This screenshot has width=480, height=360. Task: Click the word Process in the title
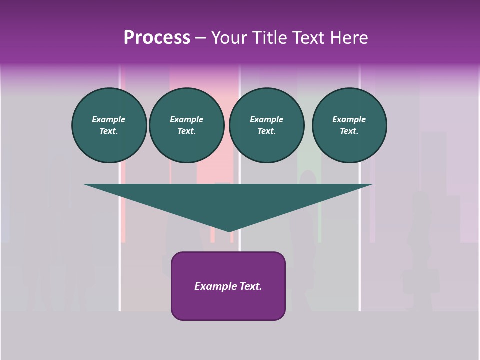click(157, 38)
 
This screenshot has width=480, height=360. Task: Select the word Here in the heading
click(350, 38)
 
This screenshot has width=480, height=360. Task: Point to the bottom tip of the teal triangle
click(228, 231)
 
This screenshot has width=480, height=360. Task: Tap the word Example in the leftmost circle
click(109, 119)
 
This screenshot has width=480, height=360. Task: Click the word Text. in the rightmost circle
click(349, 131)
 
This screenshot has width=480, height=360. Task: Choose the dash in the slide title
click(200, 38)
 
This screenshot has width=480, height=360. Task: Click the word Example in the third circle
click(266, 119)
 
